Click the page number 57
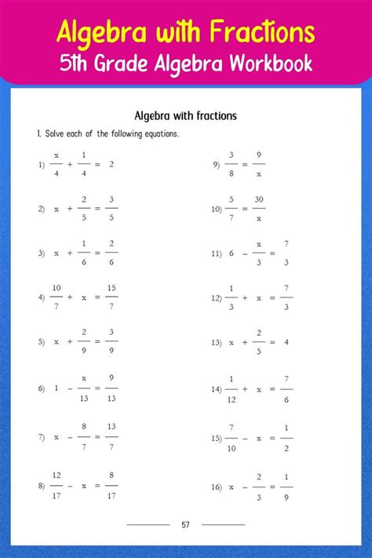[x=185, y=524]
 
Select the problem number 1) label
[x=41, y=165]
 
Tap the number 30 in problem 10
[x=259, y=200]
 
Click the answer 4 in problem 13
[x=286, y=343]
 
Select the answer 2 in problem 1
[x=112, y=165]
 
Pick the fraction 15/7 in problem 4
[x=112, y=298]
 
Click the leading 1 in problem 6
[x=56, y=388]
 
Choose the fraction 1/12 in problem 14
[x=232, y=388]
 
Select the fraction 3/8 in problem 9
[x=232, y=165]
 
